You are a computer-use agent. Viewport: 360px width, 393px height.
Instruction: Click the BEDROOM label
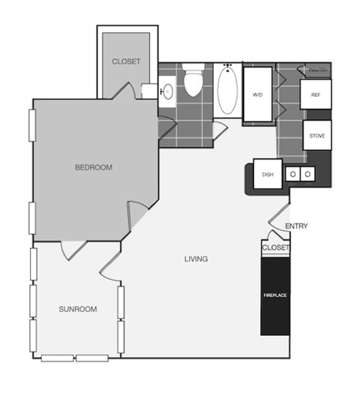pyautogui.click(x=93, y=167)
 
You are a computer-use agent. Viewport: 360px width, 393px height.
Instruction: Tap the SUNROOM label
pyautogui.click(x=77, y=309)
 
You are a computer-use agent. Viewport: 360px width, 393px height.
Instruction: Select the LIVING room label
pyautogui.click(x=196, y=259)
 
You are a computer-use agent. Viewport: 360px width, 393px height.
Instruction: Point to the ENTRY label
pyautogui.click(x=297, y=226)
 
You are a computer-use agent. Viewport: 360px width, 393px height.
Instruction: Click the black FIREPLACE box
pyautogui.click(x=274, y=295)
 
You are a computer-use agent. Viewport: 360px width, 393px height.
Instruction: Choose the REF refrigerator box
pyautogui.click(x=315, y=95)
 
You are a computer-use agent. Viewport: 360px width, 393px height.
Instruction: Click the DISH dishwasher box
pyautogui.click(x=267, y=174)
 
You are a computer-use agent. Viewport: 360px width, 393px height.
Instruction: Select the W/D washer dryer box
pyautogui.click(x=257, y=95)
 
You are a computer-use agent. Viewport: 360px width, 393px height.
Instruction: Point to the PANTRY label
pyautogui.click(x=318, y=69)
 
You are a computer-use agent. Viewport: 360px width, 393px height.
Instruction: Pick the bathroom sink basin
pyautogui.click(x=167, y=91)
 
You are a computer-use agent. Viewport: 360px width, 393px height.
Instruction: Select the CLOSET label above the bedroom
pyautogui.click(x=125, y=61)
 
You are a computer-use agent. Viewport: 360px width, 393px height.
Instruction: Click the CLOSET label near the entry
pyautogui.click(x=275, y=247)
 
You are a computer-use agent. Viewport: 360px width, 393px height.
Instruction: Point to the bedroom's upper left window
pyautogui.click(x=31, y=124)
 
